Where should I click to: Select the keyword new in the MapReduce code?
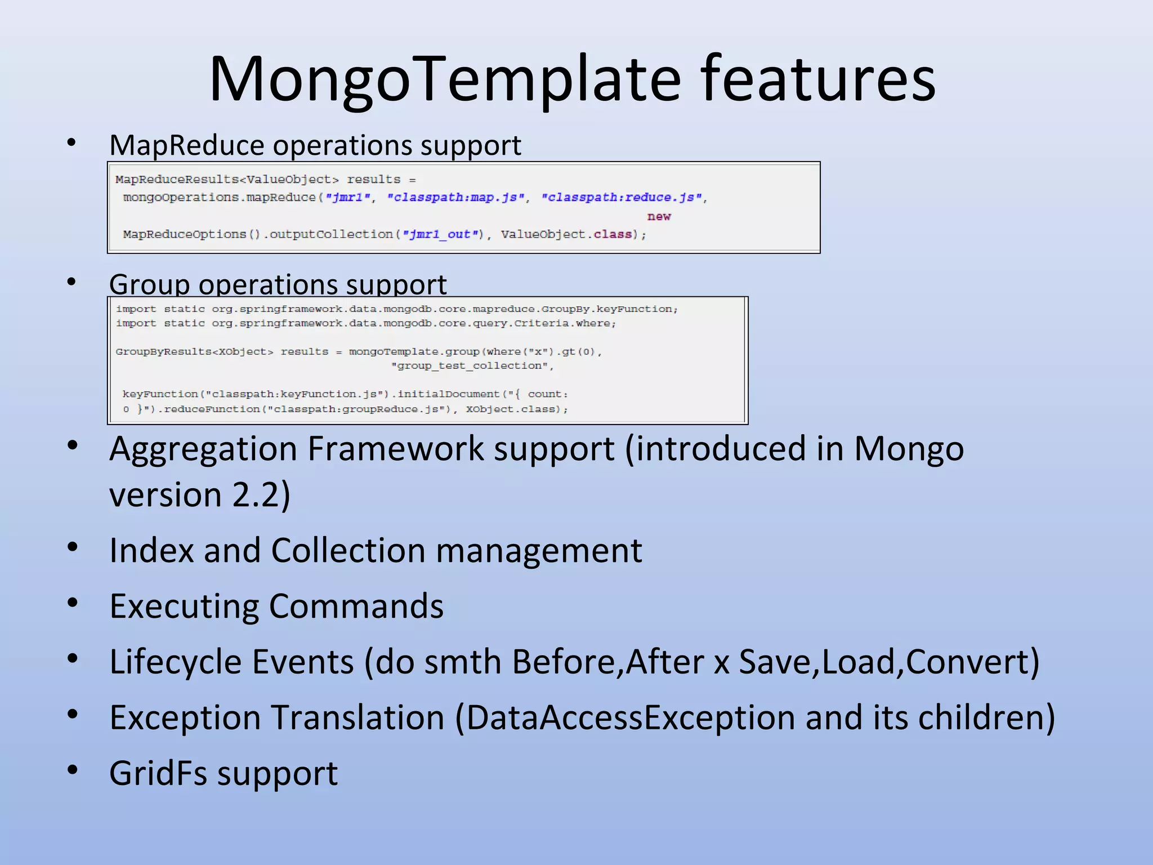659,216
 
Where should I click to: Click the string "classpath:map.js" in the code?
456,198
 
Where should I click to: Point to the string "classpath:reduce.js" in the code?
622,198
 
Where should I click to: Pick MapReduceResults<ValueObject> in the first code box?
227,180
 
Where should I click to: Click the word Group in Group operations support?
149,284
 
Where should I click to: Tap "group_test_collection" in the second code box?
472,366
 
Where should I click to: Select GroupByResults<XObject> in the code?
194,352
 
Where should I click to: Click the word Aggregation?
203,449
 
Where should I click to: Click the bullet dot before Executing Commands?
72,603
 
